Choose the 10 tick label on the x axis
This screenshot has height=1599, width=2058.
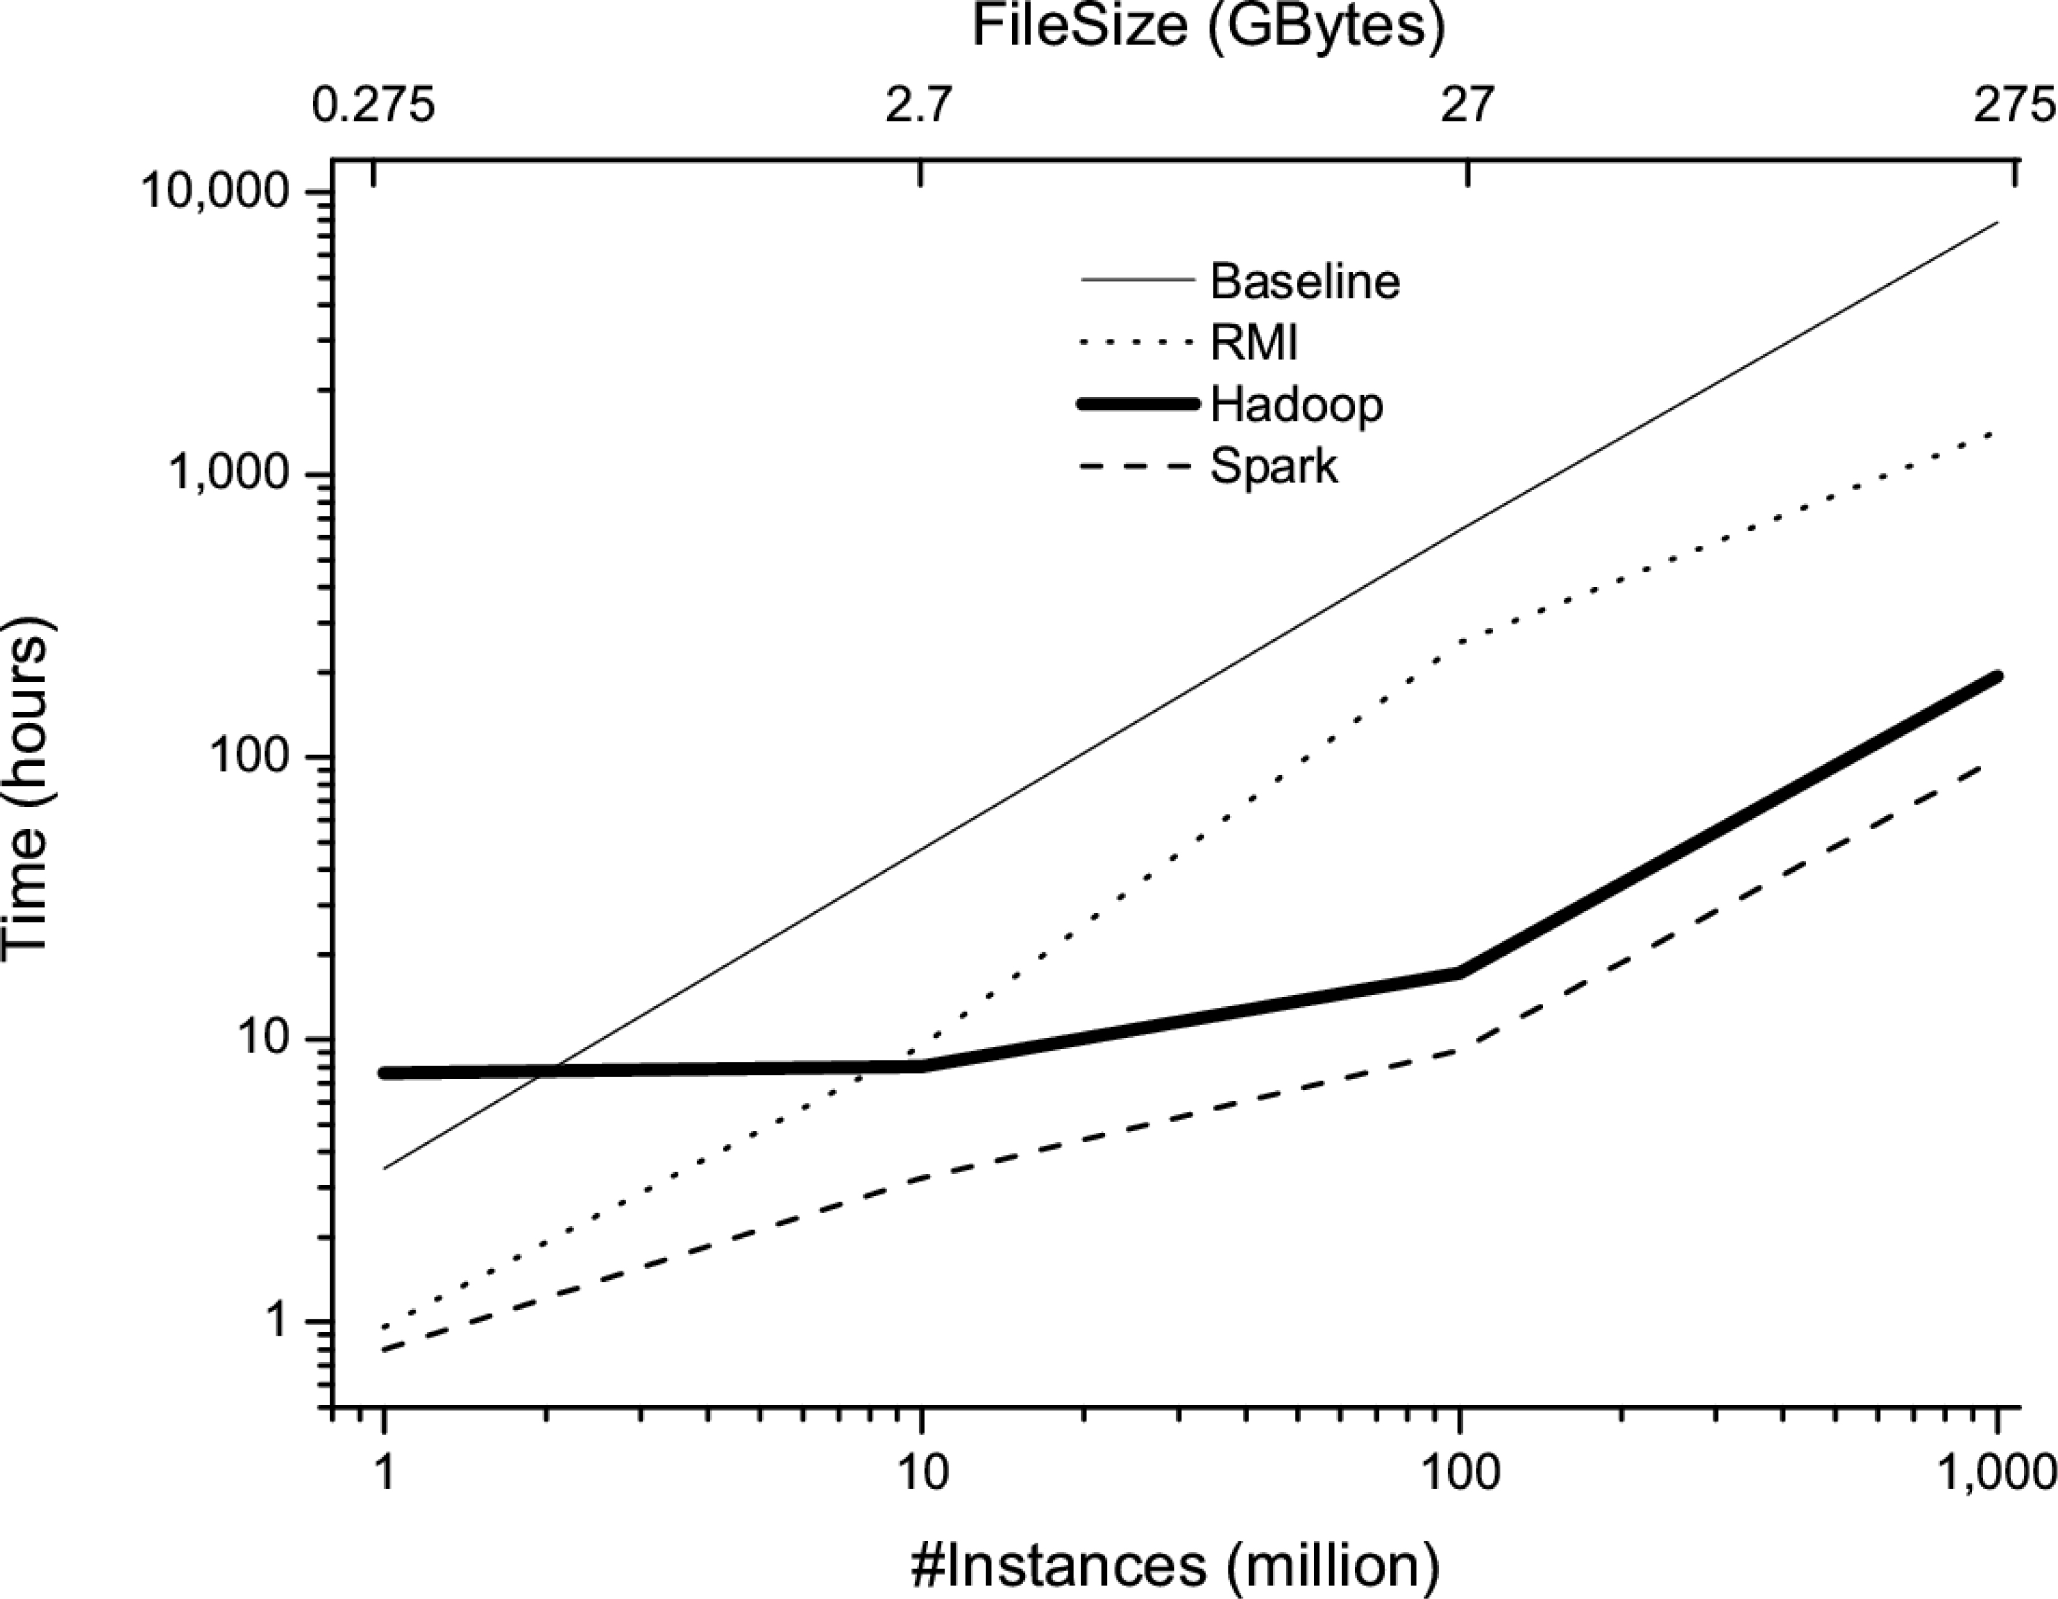tap(922, 1473)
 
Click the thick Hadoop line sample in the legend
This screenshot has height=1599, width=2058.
tap(1137, 404)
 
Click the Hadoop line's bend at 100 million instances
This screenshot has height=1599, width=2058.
tap(1459, 972)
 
